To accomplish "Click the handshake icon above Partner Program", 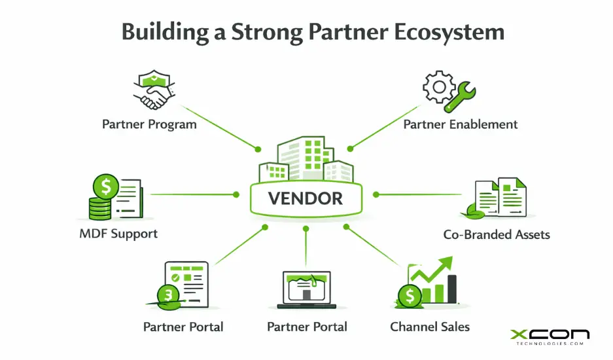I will click(x=154, y=92).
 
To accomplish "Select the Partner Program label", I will click(x=149, y=124).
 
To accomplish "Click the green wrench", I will click(x=459, y=96).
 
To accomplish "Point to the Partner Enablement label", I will click(x=460, y=124).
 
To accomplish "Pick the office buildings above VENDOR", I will click(x=306, y=160).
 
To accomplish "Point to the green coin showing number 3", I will click(x=169, y=296).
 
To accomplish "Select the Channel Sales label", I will click(x=429, y=326).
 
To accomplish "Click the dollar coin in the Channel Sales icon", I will click(x=410, y=296).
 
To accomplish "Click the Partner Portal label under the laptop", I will click(x=306, y=326).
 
